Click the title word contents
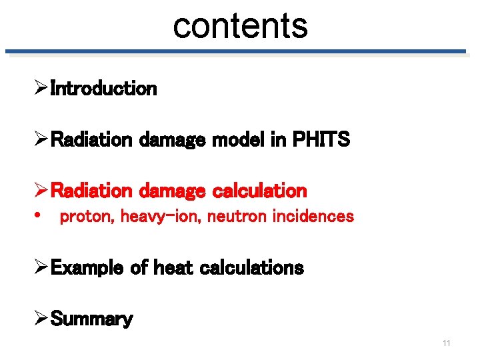coord(240,25)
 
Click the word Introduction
coord(103,88)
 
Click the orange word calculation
coord(259,191)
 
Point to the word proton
coord(87,216)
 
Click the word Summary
coord(91,319)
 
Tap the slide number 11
coord(446,343)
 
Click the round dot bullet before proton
coord(41,216)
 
